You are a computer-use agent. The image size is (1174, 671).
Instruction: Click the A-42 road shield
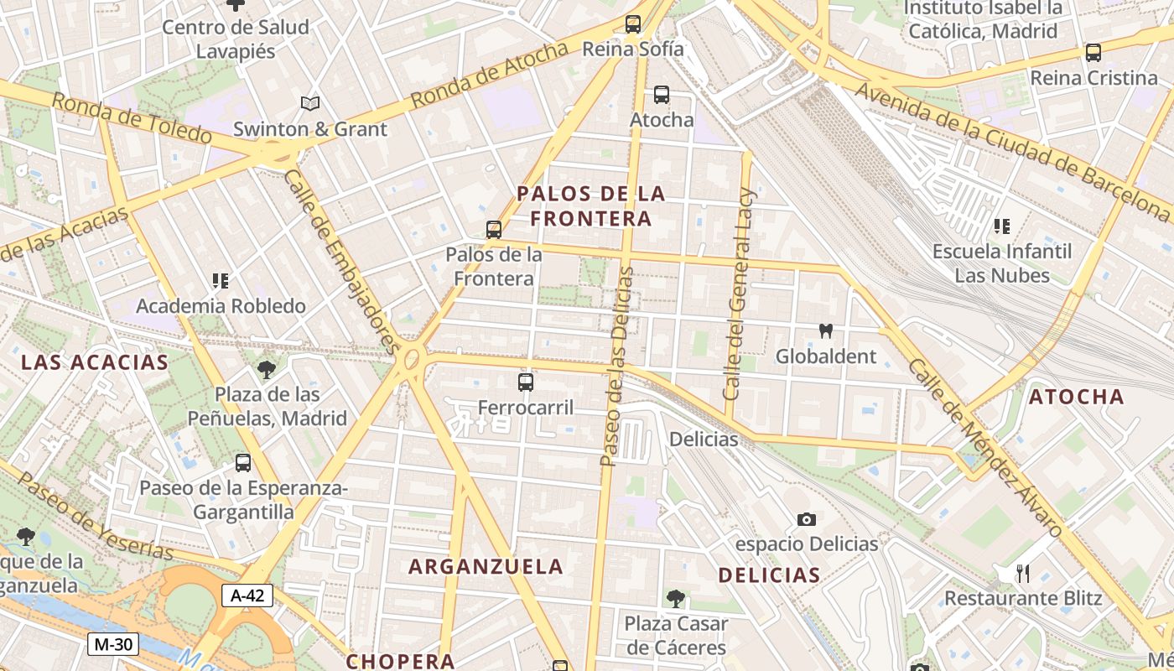247,596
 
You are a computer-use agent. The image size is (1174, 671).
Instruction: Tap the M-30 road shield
113,644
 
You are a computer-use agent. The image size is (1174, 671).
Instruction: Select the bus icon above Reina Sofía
633,24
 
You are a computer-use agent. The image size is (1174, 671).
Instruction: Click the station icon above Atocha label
662,95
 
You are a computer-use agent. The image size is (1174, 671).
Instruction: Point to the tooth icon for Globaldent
825,331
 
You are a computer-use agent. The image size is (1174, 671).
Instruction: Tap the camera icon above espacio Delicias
807,520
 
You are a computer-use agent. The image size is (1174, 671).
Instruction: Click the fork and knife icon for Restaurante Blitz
1022,574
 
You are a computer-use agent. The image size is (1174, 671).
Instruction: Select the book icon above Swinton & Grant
310,104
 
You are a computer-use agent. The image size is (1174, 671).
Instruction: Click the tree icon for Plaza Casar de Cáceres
675,599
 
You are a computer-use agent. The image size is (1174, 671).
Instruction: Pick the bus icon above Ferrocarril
526,382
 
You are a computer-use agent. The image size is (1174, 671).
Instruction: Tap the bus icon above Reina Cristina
1093,53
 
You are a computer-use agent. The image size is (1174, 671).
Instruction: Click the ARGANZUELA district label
486,566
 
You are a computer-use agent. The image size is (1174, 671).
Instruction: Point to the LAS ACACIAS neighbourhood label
95,362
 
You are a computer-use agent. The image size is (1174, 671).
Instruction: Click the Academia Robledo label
221,306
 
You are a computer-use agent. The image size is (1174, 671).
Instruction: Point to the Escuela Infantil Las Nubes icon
1001,226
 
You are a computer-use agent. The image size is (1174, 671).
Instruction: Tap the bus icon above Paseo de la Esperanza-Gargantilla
243,462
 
